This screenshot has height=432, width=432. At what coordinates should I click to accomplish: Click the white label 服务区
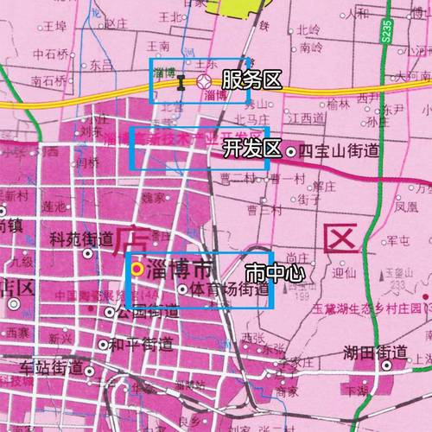pos(251,80)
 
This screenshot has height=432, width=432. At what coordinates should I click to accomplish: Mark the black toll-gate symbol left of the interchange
pos(181,83)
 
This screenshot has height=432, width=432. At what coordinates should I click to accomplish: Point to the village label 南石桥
pos(48,80)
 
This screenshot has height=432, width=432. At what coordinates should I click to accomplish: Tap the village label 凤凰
pos(407,208)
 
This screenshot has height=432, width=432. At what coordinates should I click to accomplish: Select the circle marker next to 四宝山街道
pos(291,152)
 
